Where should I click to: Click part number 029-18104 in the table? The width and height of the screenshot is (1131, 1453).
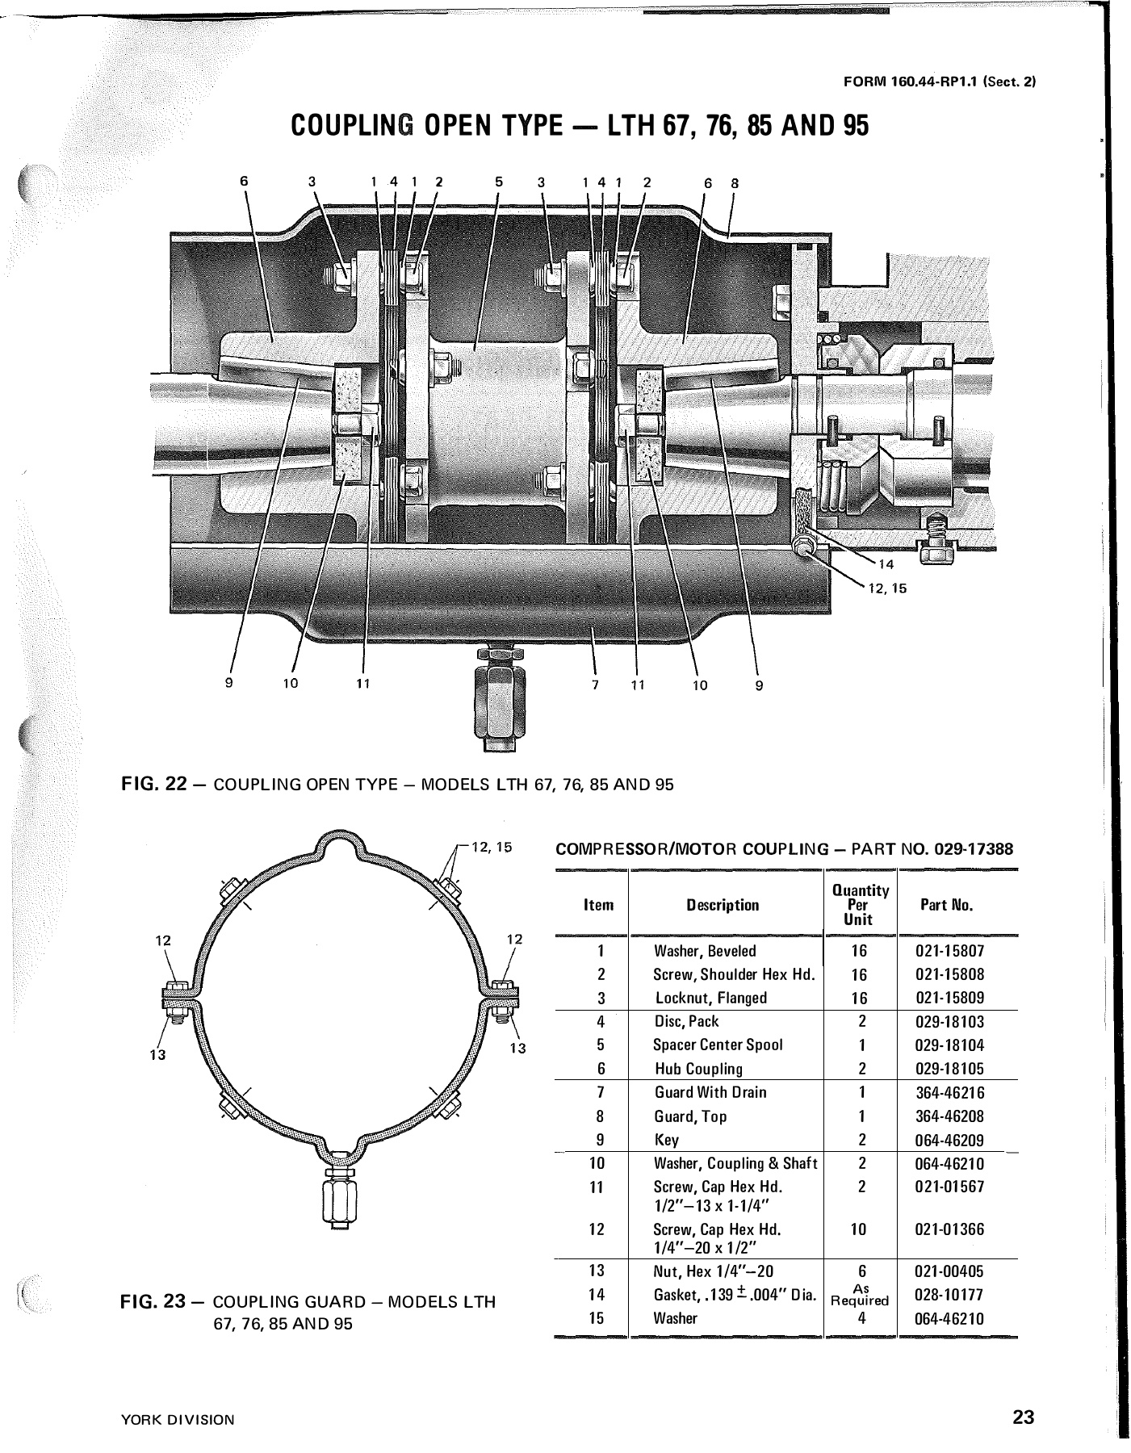pyautogui.click(x=949, y=1045)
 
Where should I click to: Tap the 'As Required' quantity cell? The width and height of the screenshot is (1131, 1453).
pyautogui.click(x=860, y=1295)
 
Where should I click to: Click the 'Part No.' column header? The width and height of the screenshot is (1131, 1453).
pyautogui.click(x=946, y=905)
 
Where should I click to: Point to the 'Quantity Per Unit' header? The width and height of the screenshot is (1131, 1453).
pyautogui.click(x=860, y=905)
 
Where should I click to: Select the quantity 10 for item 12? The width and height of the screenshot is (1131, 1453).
pyautogui.click(x=859, y=1229)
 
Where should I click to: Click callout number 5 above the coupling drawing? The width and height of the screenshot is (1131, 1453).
pyautogui.click(x=499, y=182)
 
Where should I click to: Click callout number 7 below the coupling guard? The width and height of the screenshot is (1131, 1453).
pyautogui.click(x=596, y=685)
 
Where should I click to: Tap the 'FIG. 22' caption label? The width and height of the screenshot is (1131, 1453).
pyautogui.click(x=153, y=785)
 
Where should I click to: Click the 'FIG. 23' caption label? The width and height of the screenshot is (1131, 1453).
pyautogui.click(x=153, y=1302)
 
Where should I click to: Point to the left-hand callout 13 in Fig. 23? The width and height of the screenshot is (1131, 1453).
pyautogui.click(x=157, y=1055)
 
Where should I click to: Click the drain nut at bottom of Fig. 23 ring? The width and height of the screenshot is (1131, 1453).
pyautogui.click(x=339, y=1200)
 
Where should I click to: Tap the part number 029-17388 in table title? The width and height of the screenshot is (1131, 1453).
pyautogui.click(x=974, y=850)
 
